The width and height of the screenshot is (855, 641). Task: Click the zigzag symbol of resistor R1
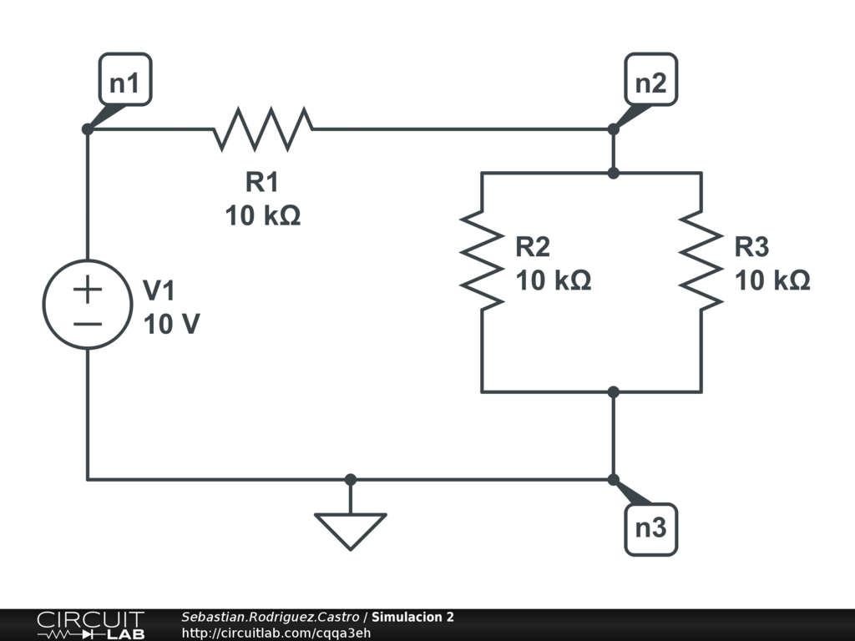[264, 129]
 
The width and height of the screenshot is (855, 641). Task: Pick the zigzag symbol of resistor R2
[482, 259]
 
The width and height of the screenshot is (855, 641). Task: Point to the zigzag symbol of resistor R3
[701, 259]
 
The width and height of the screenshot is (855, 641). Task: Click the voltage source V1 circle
[88, 304]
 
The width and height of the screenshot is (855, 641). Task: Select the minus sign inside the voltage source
[88, 323]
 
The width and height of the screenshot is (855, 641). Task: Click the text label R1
[262, 181]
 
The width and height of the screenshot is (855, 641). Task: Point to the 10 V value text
[171, 324]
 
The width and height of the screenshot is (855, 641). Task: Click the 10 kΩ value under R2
[554, 281]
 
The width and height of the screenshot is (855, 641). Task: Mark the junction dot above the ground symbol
[351, 479]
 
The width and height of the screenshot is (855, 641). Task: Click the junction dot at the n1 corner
[88, 129]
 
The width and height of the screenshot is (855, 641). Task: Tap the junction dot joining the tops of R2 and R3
[613, 173]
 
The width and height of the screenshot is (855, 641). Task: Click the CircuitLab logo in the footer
[90, 625]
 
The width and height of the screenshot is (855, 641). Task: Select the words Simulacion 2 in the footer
[412, 618]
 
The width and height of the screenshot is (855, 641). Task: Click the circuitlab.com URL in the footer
[276, 633]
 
